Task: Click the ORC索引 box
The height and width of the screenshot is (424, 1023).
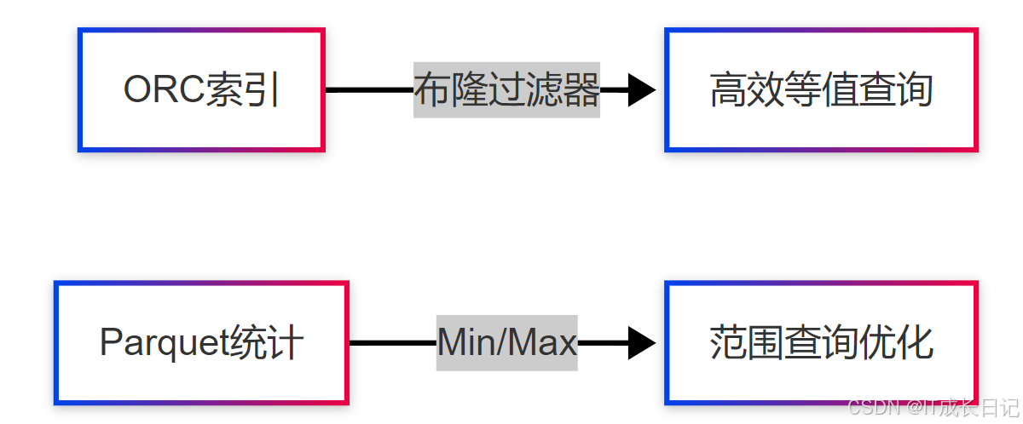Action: click(201, 90)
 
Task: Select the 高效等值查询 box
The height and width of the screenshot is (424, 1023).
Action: click(821, 90)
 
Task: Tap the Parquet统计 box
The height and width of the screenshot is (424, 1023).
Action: click(201, 342)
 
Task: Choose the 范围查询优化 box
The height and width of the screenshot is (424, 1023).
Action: click(821, 342)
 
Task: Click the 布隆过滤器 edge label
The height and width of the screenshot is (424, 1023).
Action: click(506, 90)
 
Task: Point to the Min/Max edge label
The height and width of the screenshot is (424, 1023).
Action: click(506, 342)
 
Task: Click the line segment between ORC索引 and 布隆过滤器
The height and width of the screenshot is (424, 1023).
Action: click(368, 90)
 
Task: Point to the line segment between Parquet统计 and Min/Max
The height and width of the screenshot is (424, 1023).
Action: click(392, 342)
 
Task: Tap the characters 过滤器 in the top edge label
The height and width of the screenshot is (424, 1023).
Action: click(543, 90)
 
